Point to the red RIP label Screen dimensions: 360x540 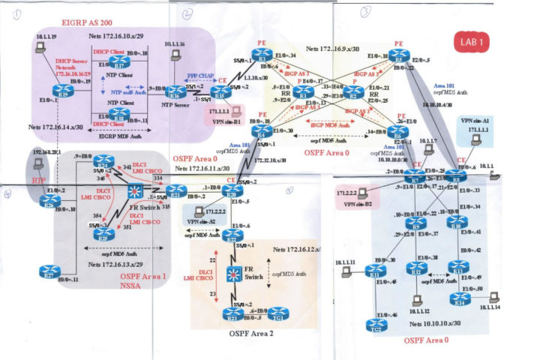click(38, 181)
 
